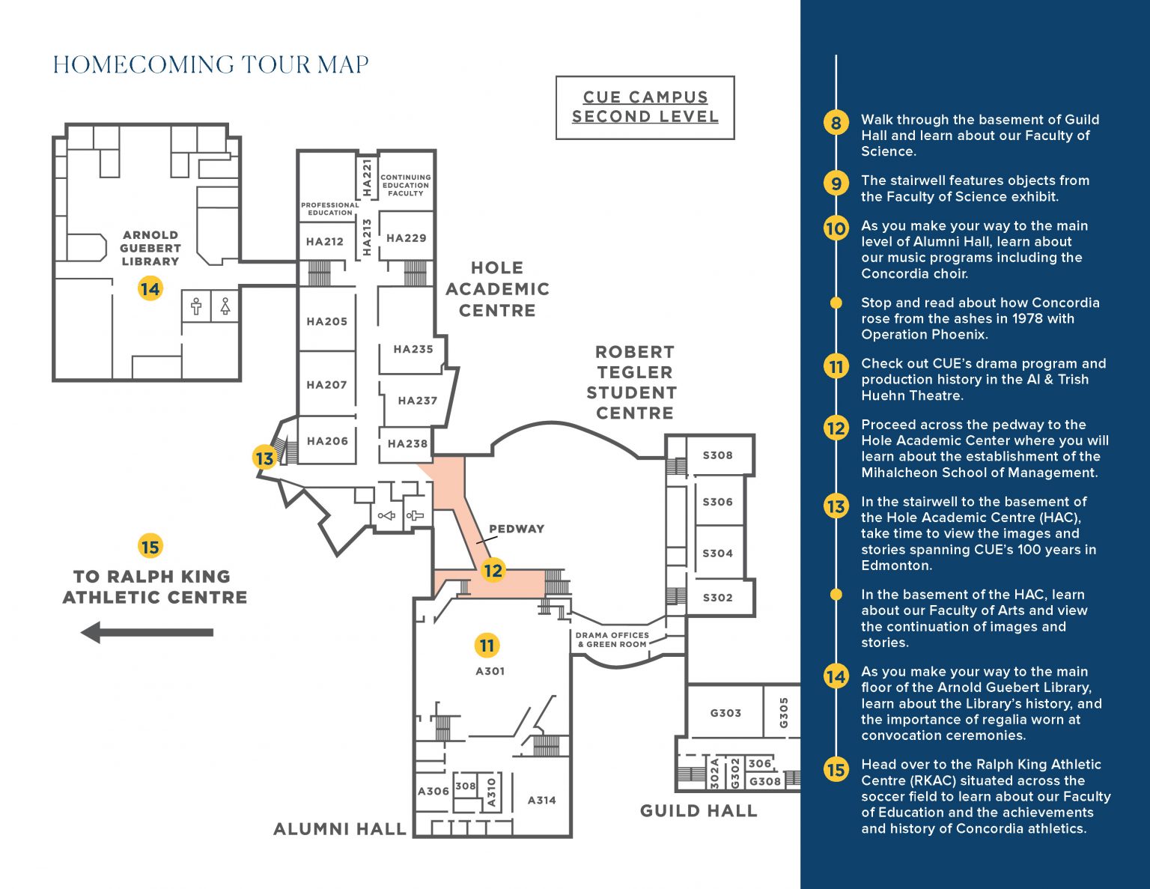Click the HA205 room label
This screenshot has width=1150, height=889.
click(327, 321)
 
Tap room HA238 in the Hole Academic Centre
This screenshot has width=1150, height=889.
click(407, 443)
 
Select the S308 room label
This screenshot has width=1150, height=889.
click(717, 455)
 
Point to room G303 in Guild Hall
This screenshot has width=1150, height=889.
click(725, 713)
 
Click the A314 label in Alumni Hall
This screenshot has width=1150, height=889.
click(541, 800)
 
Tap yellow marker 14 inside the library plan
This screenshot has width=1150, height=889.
click(150, 288)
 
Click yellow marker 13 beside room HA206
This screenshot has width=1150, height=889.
click(264, 458)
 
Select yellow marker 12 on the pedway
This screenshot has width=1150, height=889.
click(493, 571)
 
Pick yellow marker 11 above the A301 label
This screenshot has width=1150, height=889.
click(487, 645)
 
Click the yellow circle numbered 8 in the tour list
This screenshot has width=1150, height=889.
click(836, 123)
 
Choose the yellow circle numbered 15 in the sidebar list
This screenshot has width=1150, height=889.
click(836, 769)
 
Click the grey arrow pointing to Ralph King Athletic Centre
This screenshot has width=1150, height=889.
click(147, 632)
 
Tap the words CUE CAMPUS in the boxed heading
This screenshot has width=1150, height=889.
click(645, 97)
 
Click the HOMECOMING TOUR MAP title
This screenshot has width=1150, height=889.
click(210, 64)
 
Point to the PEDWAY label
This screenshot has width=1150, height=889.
click(517, 529)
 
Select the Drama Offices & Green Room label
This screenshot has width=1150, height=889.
click(612, 639)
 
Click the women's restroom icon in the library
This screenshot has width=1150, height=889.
click(225, 306)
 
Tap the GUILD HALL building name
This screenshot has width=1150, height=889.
click(698, 810)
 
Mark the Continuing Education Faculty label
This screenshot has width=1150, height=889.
click(406, 185)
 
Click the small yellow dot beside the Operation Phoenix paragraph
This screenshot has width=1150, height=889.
click(836, 303)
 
